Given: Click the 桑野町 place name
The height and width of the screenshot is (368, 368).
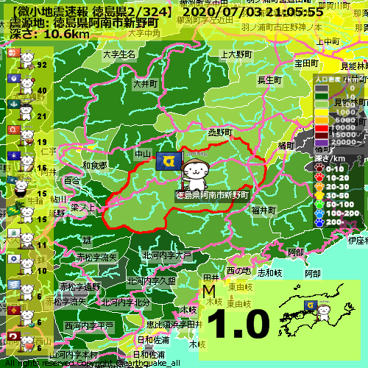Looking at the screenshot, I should (220, 132).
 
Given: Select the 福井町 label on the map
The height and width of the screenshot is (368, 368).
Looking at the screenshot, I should (263, 210).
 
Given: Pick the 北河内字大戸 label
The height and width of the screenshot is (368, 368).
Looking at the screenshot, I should (166, 255).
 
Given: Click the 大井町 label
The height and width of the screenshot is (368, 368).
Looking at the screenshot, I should (146, 85).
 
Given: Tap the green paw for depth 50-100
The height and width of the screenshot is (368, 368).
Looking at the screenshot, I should (319, 203).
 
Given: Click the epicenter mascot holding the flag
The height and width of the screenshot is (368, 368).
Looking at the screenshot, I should (195, 174).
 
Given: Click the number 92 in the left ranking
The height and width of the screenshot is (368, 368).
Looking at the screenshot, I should (42, 65).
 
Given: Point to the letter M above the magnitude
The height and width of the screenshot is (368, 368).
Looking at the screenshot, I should (208, 292).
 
